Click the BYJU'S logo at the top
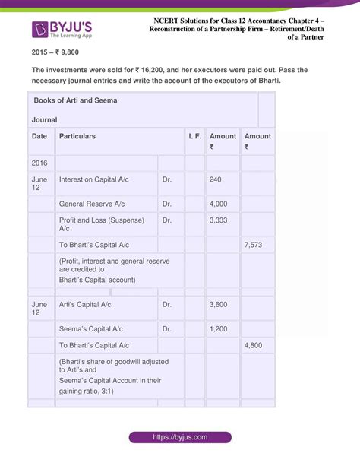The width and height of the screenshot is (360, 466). (66, 30)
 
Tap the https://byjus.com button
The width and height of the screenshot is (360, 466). (179, 437)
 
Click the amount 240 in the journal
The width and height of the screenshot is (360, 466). (215, 180)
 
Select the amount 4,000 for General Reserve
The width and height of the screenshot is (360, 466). (218, 204)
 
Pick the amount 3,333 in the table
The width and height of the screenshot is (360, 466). (218, 220)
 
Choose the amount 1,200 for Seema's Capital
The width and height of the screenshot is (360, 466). (218, 329)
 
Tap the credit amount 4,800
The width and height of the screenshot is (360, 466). (254, 345)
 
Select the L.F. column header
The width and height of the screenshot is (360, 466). (194, 136)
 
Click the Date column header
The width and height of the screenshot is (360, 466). (39, 136)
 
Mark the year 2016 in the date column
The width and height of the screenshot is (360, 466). (40, 163)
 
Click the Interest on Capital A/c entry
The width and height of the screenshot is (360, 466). (97, 180)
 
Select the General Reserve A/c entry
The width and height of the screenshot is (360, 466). (92, 204)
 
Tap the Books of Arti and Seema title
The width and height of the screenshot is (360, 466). (74, 100)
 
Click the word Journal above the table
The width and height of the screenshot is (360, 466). (45, 120)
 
